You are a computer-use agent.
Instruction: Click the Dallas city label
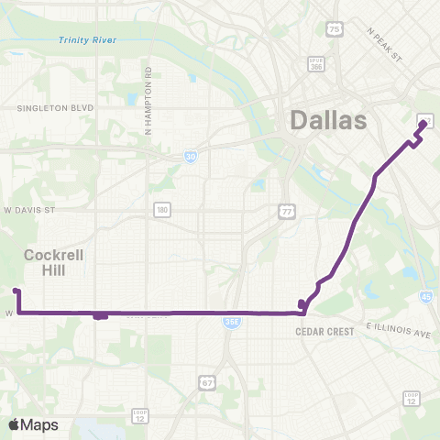[x=327, y=120]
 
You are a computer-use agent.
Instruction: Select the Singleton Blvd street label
[x=56, y=107]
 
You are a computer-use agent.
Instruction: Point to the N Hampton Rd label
[x=147, y=100]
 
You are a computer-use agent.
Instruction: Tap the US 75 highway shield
[x=335, y=30]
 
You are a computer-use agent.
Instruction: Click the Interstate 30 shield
[x=189, y=157]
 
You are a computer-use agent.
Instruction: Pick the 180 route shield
[x=161, y=211]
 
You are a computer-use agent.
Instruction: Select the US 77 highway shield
[x=285, y=212]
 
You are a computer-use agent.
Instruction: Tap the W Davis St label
[x=30, y=210]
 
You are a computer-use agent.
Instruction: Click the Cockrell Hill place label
[x=54, y=263]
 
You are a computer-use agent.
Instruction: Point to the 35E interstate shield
[x=231, y=322]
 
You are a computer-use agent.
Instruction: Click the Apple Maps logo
[x=33, y=424]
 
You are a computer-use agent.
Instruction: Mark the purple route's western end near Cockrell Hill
[x=16, y=291]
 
